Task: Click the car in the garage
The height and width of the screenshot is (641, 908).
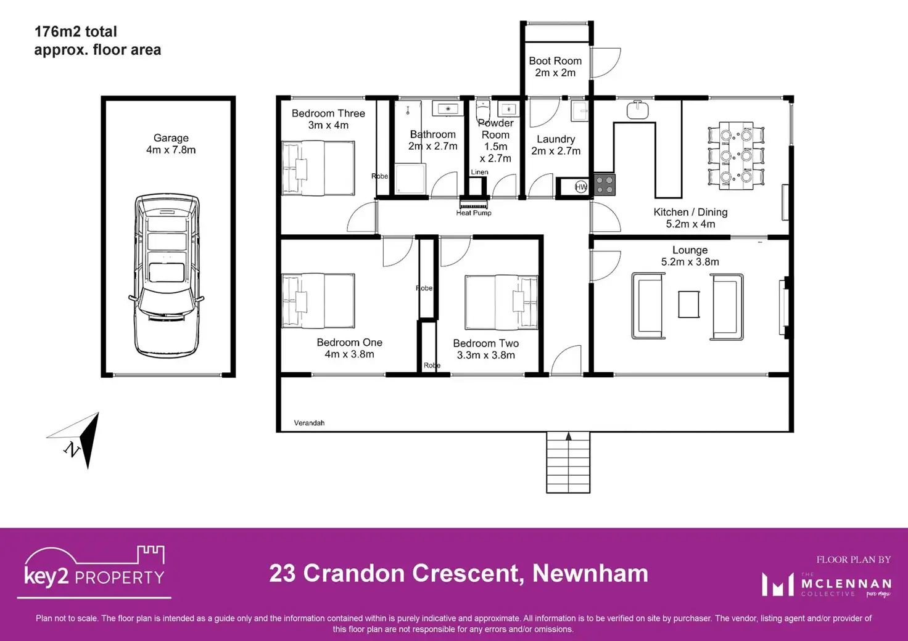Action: coord(167,274)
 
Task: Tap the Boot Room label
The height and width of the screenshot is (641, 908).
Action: coord(555,67)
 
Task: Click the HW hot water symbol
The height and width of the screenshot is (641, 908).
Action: coord(580,187)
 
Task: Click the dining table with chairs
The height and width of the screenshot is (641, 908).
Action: coord(736,154)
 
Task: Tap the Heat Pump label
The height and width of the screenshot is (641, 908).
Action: coord(474,213)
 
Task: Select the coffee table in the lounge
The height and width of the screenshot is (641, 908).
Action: coord(689,304)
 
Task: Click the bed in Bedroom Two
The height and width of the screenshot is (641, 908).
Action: coord(501,302)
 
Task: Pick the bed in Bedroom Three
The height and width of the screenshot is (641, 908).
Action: coord(318,168)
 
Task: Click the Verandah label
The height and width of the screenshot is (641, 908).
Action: coord(309,423)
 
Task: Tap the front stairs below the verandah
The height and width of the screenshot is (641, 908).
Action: coord(568,462)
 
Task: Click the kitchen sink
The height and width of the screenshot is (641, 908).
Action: coord(637,110)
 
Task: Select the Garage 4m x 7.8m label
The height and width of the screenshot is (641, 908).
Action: coord(171,144)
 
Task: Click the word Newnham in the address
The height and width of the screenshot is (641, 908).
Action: coord(590,573)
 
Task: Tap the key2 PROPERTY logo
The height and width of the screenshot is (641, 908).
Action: coord(94,570)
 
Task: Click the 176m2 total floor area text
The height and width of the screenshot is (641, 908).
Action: coord(97,41)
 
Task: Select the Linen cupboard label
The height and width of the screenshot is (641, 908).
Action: coord(479,172)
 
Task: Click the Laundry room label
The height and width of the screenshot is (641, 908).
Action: coord(556,145)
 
